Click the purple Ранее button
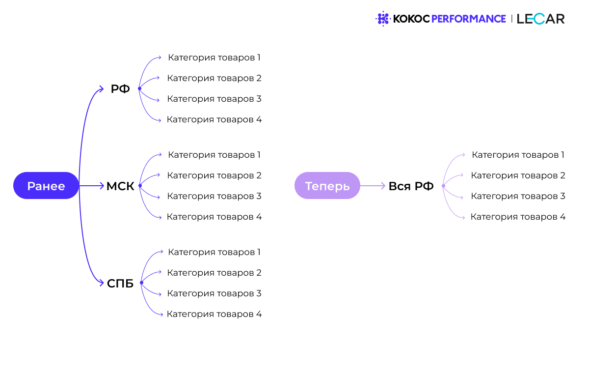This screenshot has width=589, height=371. coord(46,186)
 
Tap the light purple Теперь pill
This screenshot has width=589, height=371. coord(327,186)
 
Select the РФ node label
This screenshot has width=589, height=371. coord(120,89)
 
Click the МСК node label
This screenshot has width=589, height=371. coord(120,186)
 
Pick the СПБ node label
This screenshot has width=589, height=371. coord(120,284)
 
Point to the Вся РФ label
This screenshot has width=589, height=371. coord(411,186)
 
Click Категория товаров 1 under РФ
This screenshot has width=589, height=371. coord(214,57)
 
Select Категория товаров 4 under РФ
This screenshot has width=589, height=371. coord(214,119)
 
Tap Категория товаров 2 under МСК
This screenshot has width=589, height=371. coord(214,175)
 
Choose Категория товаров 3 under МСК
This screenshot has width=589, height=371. coord(214,196)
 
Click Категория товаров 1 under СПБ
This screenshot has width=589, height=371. coord(214,252)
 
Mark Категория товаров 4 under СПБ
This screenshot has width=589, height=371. coord(214,314)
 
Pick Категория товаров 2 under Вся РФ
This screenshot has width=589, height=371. coord(518,175)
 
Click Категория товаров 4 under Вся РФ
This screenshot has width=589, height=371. coord(518,217)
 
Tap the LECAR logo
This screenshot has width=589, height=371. coord(540,19)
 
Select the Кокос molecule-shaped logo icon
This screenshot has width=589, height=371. coord(382,19)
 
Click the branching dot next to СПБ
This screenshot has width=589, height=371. coord(141,283)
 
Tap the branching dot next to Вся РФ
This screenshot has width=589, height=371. coord(443,186)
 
